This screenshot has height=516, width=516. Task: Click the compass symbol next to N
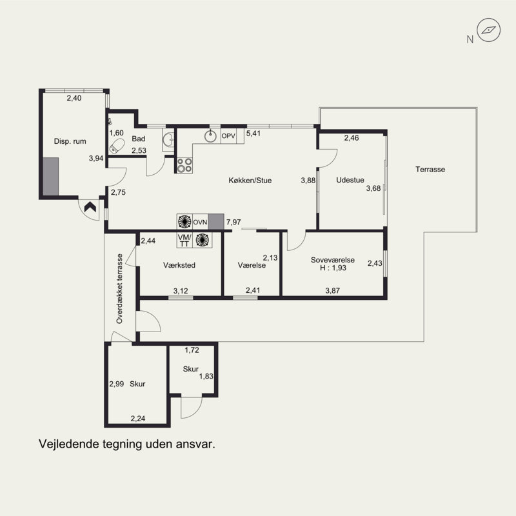click(489, 30)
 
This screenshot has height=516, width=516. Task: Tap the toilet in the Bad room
click(117, 146)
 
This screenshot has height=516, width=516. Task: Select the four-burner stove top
click(184, 165)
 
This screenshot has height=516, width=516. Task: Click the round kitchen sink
click(210, 136)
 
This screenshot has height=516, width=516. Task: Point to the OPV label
click(228, 136)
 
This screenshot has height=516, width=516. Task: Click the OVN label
click(200, 223)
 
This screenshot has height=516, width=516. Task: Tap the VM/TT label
click(184, 240)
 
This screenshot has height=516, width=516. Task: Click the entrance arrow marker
click(90, 207)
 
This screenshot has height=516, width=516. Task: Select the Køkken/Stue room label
click(250, 181)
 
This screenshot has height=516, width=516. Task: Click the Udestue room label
click(350, 180)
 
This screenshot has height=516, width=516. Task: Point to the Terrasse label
click(430, 170)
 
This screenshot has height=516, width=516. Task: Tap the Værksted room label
click(179, 265)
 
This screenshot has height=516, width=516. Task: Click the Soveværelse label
click(333, 260)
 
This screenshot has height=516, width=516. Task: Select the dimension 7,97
click(233, 223)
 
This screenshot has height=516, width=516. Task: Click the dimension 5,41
click(253, 134)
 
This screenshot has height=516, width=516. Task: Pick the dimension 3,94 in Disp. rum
click(96, 158)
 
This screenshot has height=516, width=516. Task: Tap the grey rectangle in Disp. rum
click(51, 177)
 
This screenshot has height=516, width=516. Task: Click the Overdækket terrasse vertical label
click(119, 288)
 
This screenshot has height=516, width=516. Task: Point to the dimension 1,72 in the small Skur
click(192, 350)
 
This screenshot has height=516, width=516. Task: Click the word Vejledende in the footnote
click(69, 444)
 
